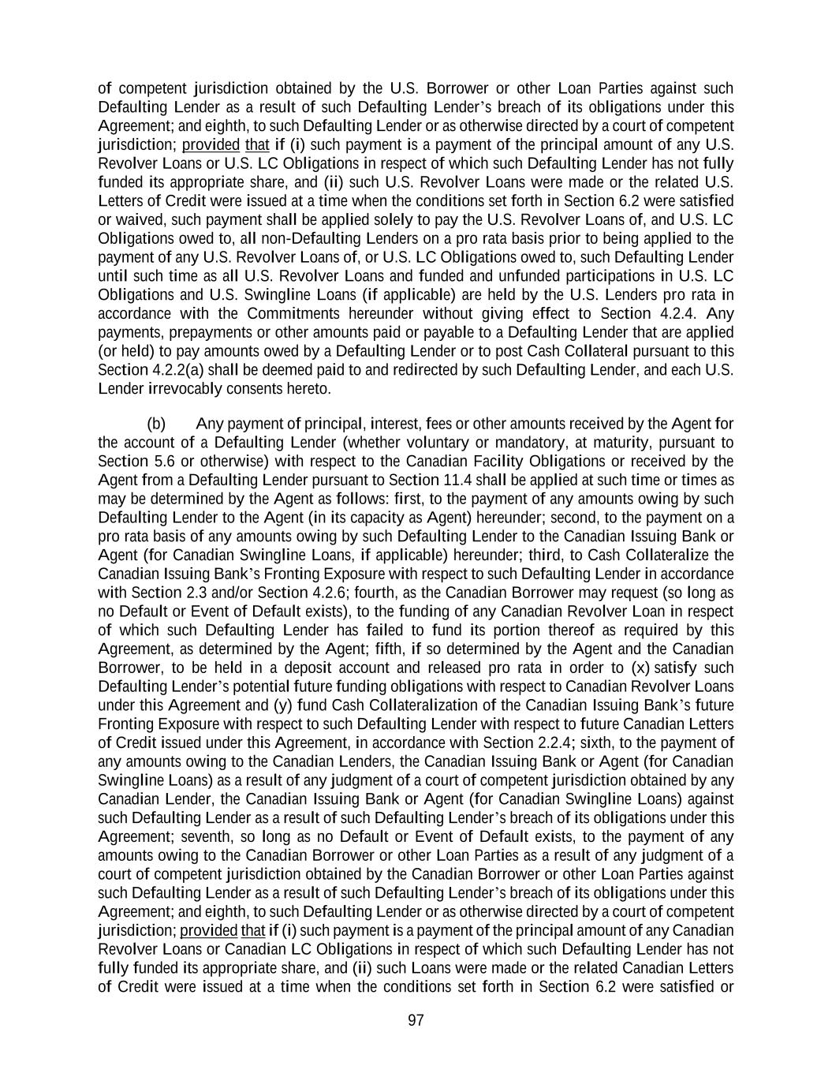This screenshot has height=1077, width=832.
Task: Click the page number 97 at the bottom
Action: pos(416,1021)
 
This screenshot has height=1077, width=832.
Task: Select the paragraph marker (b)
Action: pos(156,424)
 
